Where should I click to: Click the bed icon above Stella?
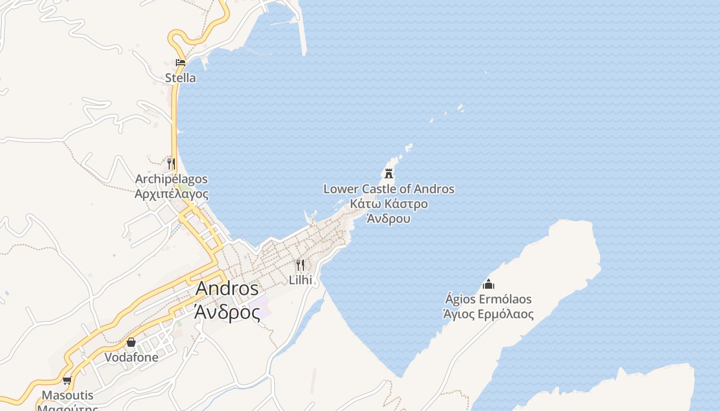(181, 63)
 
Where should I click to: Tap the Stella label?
(181, 78)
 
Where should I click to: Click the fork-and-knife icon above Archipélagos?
(171, 164)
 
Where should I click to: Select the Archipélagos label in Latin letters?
(171, 179)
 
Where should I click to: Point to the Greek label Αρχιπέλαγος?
(171, 194)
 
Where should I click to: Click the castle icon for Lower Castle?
(389, 173)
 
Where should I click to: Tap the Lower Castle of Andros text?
(389, 189)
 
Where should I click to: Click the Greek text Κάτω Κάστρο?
(389, 204)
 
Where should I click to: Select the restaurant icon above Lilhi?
(300, 265)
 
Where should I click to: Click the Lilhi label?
(300, 280)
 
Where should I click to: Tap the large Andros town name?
(227, 289)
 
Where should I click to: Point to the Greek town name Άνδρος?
(227, 311)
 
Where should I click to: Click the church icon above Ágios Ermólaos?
(489, 284)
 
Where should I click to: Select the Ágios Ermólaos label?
(489, 300)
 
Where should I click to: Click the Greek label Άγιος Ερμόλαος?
(489, 314)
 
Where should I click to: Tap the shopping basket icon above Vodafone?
(131, 342)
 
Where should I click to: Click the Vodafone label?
(131, 357)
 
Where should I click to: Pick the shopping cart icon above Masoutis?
(67, 381)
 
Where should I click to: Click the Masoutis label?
(67, 396)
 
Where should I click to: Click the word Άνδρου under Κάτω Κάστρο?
(389, 218)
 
